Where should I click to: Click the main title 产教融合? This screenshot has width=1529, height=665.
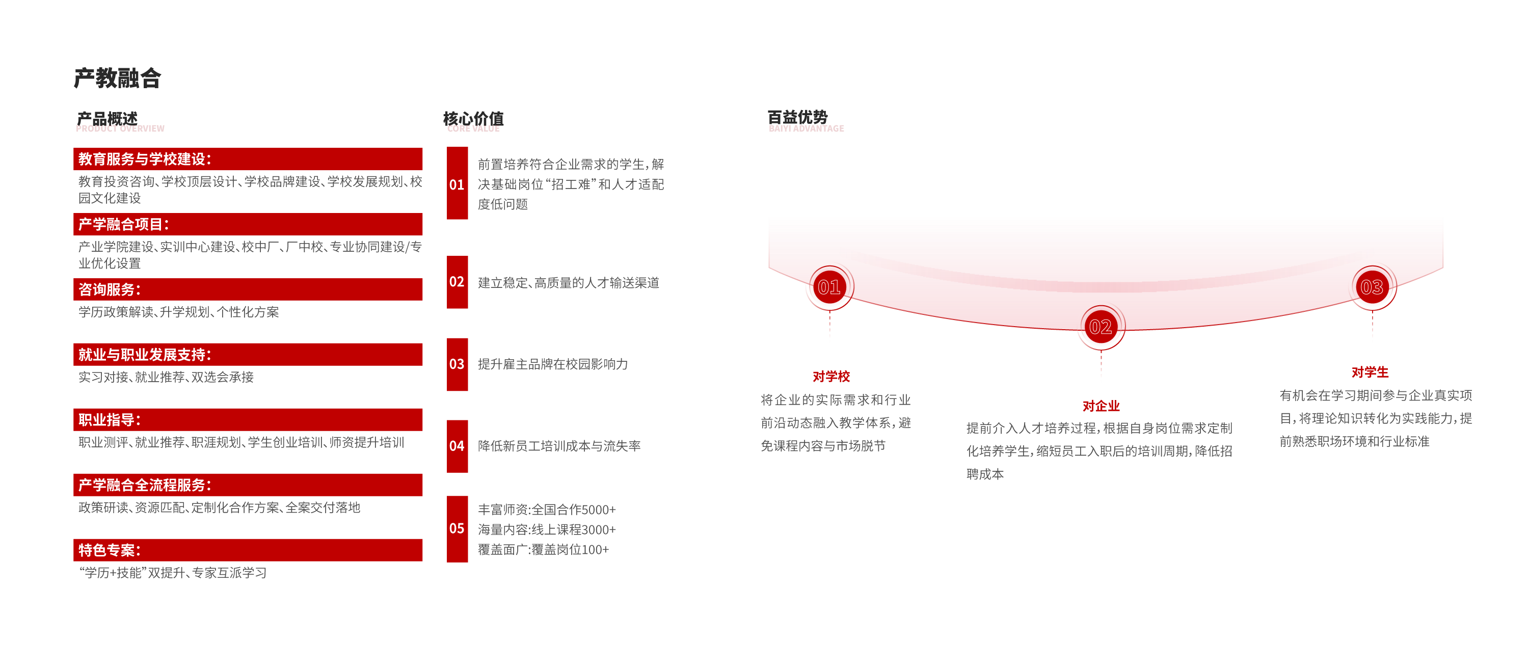pyautogui.click(x=118, y=78)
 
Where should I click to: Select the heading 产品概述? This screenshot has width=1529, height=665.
pyautogui.click(x=108, y=119)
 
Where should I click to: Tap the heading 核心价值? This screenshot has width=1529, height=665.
pyautogui.click(x=474, y=119)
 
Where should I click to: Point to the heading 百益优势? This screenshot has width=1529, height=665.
pyautogui.click(x=798, y=117)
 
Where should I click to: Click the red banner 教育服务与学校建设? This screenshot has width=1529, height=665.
pyautogui.click(x=248, y=159)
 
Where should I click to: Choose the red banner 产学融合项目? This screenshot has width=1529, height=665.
pyautogui.click(x=248, y=224)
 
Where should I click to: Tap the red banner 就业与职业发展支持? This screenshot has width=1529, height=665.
pyautogui.click(x=248, y=355)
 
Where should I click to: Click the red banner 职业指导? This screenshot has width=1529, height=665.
pyautogui.click(x=248, y=420)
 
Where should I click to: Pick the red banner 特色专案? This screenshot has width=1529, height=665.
pyautogui.click(x=248, y=550)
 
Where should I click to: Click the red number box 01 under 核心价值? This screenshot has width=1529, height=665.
pyautogui.click(x=457, y=183)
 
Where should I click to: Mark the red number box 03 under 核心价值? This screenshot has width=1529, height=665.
pyautogui.click(x=457, y=364)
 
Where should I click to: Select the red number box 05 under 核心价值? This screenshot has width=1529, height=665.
pyautogui.click(x=457, y=529)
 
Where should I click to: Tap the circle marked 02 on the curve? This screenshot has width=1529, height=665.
pyautogui.click(x=1101, y=327)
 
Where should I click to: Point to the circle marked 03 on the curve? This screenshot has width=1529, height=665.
pyautogui.click(x=1372, y=287)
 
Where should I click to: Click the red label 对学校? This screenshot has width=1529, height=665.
pyautogui.click(x=831, y=377)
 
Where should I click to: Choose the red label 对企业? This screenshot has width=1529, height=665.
pyautogui.click(x=1101, y=406)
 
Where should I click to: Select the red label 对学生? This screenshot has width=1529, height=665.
pyautogui.click(x=1370, y=373)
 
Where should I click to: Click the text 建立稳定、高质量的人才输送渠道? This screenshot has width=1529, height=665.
pyautogui.click(x=569, y=283)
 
